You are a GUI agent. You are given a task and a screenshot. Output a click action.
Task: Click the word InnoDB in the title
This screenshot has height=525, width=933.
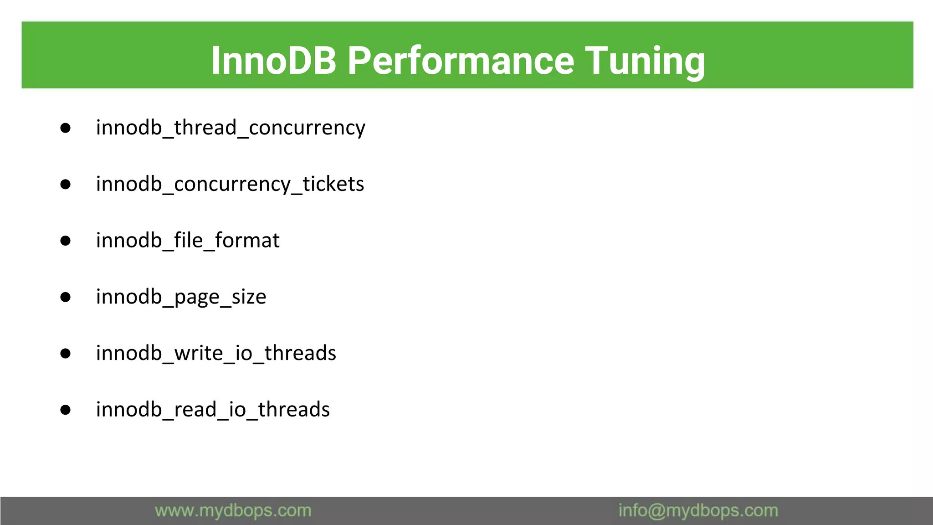pyautogui.click(x=273, y=60)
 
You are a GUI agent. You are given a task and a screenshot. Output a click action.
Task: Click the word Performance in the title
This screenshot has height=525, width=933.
pyautogui.click(x=461, y=60)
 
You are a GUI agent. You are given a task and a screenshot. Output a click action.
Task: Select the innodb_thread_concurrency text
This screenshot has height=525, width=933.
pyautogui.click(x=231, y=128)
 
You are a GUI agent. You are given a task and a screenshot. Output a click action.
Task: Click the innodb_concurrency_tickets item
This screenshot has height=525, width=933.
pyautogui.click(x=230, y=184)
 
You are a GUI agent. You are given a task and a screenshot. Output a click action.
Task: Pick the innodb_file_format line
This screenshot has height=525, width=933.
pyautogui.click(x=188, y=241)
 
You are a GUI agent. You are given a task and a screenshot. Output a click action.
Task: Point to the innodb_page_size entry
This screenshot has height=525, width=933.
pyautogui.click(x=181, y=297)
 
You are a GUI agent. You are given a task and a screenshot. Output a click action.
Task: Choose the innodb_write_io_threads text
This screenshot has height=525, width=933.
pyautogui.click(x=216, y=353)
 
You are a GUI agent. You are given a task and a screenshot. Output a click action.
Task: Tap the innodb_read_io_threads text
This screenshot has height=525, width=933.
pyautogui.click(x=213, y=410)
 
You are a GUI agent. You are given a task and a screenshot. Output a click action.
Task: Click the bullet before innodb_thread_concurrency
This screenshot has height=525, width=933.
pyautogui.click(x=66, y=128)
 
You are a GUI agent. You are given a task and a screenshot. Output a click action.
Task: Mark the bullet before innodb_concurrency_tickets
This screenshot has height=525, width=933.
pyautogui.click(x=66, y=185)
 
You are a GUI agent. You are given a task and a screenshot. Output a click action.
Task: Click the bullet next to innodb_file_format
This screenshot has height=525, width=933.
pyautogui.click(x=66, y=241)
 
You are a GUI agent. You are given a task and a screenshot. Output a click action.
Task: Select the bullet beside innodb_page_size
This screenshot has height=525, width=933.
pyautogui.click(x=66, y=298)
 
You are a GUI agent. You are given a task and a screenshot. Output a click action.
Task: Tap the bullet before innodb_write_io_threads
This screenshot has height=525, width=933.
pyautogui.click(x=66, y=354)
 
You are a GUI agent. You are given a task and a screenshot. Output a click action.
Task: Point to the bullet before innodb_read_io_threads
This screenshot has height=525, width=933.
pyautogui.click(x=66, y=410)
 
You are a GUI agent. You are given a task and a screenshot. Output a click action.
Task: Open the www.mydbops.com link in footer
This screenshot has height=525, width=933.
pyautogui.click(x=233, y=511)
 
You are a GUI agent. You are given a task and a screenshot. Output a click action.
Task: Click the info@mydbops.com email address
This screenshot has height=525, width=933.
pyautogui.click(x=698, y=511)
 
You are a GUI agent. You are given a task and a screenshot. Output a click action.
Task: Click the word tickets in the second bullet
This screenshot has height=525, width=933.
pyautogui.click(x=333, y=184)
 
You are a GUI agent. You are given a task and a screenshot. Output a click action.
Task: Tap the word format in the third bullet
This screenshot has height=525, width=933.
pyautogui.click(x=247, y=241)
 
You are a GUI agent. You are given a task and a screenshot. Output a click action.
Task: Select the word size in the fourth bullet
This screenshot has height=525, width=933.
pyautogui.click(x=249, y=297)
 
